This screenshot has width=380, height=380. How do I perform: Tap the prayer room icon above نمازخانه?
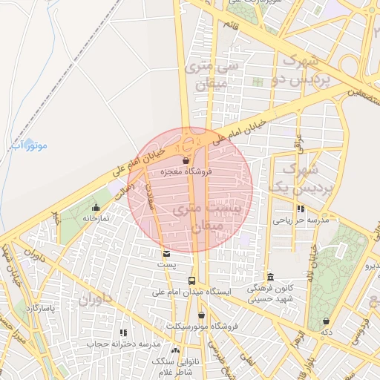[x=96, y=207]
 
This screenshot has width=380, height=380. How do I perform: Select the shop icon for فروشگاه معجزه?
[x=186, y=160]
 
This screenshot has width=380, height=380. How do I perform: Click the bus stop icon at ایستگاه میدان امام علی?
[x=192, y=281]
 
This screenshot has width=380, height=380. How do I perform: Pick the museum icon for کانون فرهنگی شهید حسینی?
[x=270, y=277]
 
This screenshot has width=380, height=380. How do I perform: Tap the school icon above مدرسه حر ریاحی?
[x=300, y=209]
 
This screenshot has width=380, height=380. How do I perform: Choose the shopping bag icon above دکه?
[x=326, y=321]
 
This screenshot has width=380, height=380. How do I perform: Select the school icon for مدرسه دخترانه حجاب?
[x=124, y=332]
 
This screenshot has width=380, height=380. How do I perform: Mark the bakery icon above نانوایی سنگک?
[x=175, y=350]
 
